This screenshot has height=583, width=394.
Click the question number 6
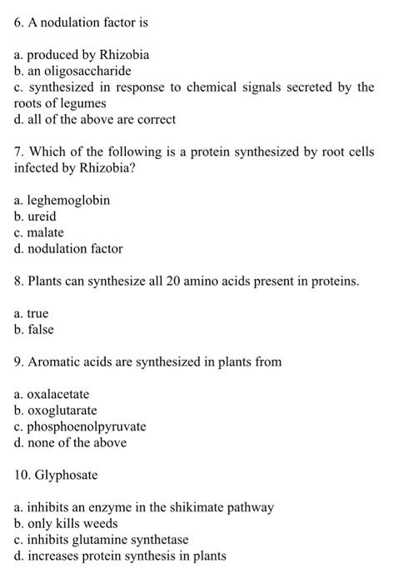(18, 22)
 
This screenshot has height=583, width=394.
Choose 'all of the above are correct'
(102, 119)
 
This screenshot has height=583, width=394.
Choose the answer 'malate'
(45, 232)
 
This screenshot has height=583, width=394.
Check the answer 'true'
(37, 314)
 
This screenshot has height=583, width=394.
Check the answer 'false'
(40, 330)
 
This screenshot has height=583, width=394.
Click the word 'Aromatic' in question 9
(52, 362)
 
